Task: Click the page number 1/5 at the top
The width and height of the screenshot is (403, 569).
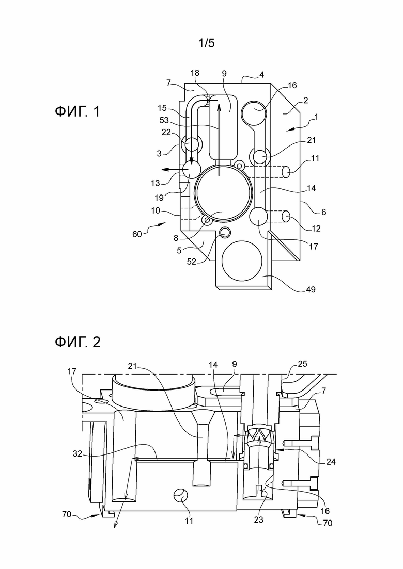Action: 206,43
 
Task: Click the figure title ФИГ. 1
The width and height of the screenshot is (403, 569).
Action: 77,111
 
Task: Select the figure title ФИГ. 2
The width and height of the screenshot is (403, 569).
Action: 78,342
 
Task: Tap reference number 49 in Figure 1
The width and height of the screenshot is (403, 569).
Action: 311,289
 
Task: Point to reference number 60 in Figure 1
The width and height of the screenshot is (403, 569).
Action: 137,234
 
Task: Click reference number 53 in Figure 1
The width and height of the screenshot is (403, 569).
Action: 164,120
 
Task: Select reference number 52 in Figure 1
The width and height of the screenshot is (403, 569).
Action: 192,261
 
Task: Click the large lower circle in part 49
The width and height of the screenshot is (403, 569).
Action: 242,261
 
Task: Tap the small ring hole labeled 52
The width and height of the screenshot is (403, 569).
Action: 225,232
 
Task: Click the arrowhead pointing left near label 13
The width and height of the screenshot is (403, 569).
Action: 165,169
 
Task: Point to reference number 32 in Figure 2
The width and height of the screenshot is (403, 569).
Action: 78,453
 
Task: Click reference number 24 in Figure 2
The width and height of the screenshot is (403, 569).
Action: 331,462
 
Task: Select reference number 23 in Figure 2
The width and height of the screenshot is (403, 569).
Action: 258,519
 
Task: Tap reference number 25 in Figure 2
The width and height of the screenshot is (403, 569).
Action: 302,364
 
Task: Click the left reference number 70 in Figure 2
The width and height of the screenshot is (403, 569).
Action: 67,514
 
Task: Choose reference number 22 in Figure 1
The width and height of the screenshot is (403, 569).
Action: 166,133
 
